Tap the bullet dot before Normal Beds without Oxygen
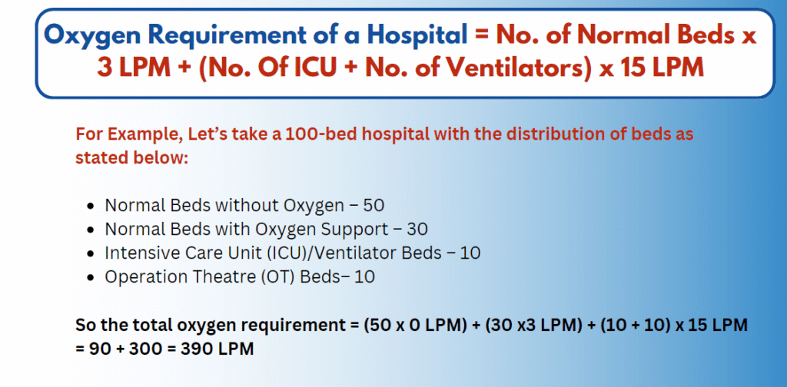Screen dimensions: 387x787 (91, 207)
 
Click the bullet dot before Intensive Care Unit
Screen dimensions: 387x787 (91, 253)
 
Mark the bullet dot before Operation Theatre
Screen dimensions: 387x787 (91, 276)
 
